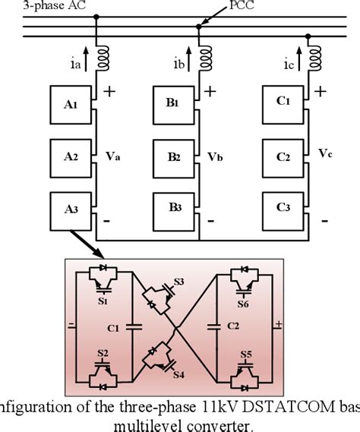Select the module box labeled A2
70,158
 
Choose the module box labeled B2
175,158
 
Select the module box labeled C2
283,158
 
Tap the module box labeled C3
283,208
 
